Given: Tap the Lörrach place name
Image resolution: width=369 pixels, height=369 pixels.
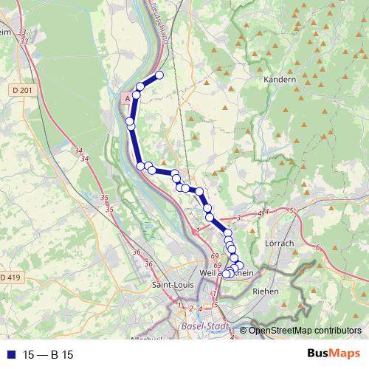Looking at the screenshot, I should click(279, 243).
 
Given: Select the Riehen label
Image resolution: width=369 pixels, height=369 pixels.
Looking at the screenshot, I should click(266, 292).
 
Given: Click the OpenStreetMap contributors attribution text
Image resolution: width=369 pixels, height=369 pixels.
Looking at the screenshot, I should click(305, 330).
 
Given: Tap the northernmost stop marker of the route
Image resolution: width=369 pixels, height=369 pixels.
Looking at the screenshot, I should click(159, 75).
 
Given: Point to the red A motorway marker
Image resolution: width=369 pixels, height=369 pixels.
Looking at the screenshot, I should click(128, 97).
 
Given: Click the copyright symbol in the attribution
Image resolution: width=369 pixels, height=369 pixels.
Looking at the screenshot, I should click(244, 330).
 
